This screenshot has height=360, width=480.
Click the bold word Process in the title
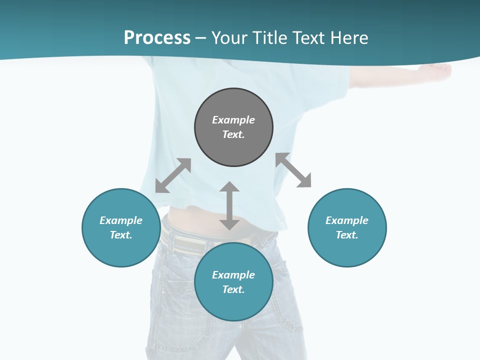pyautogui.click(x=157, y=38)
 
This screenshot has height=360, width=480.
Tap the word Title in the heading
pyautogui.click(x=270, y=38)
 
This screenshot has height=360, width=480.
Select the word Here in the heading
pyautogui.click(x=348, y=38)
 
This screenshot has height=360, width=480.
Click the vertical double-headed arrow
pyautogui.click(x=229, y=206)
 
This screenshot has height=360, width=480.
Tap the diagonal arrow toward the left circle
pyautogui.click(x=173, y=175)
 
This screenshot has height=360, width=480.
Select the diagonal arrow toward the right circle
pyautogui.click(x=293, y=170)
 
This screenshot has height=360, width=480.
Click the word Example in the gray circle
pyautogui.click(x=233, y=120)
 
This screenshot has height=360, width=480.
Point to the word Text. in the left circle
pyautogui.click(x=121, y=235)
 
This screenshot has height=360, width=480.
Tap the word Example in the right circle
pyautogui.click(x=347, y=220)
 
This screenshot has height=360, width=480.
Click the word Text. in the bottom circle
pyautogui.click(x=233, y=289)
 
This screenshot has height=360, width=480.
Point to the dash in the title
pyautogui.click(x=201, y=38)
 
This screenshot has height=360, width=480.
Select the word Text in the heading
pyautogui.click(x=308, y=38)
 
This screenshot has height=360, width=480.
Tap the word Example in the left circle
pyautogui.click(x=121, y=220)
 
